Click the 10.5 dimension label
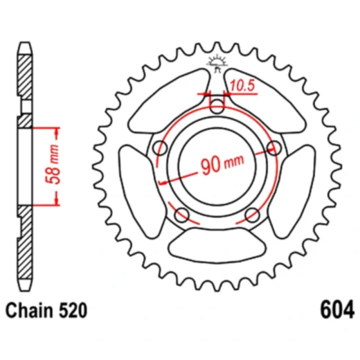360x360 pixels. point(242,85)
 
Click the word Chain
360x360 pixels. point(30,310)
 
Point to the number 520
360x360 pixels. point(73,310)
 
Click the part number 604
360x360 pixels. point(336,309)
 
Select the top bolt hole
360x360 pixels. point(217,106)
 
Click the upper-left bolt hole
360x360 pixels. point(160,147)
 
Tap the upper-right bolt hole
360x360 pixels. point(274,147)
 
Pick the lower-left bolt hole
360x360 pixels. point(182,215)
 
